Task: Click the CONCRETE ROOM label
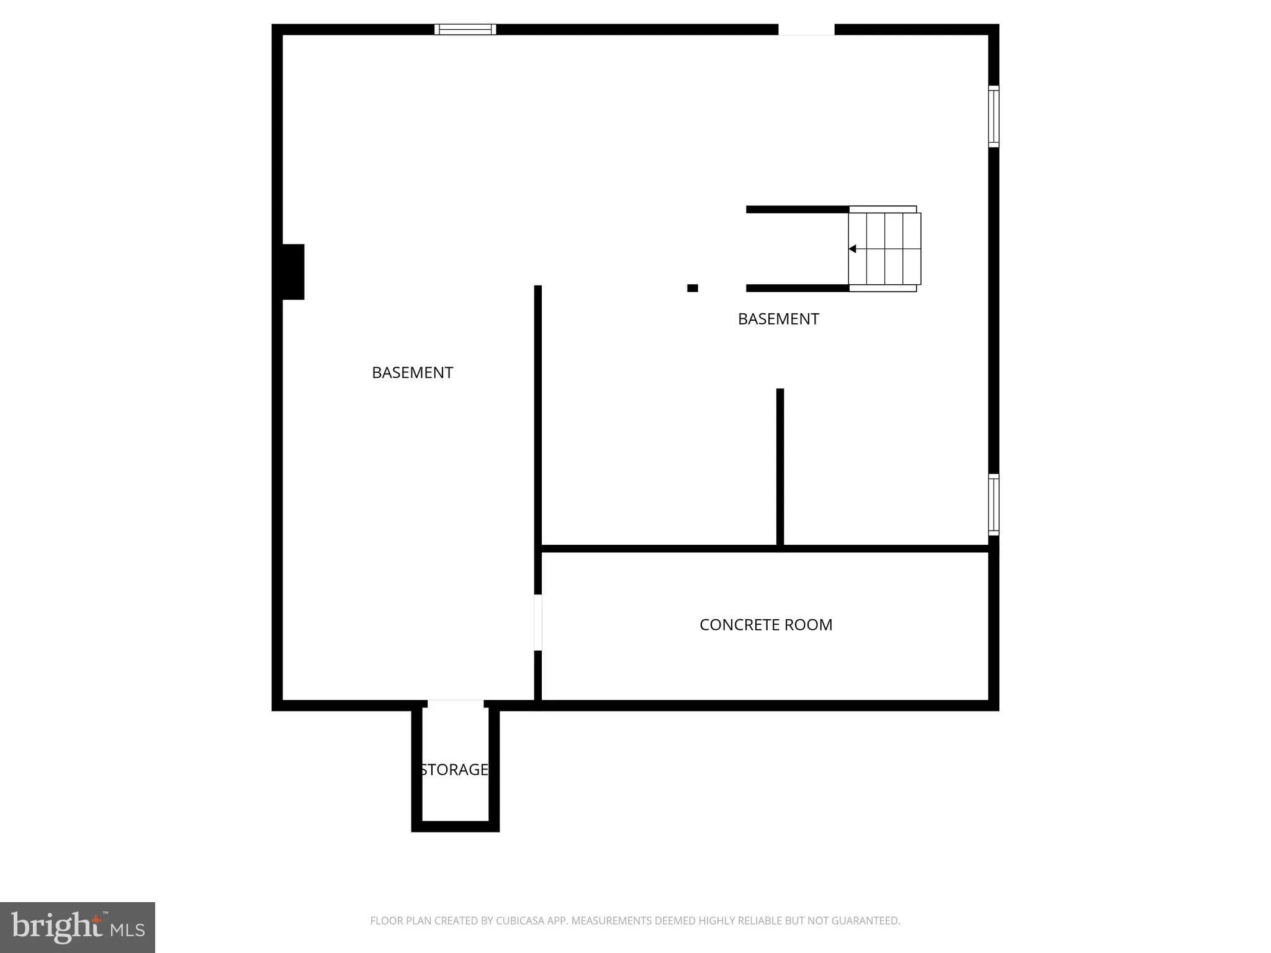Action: pos(766,625)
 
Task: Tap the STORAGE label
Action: pos(454,769)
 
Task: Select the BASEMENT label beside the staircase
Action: pos(778,319)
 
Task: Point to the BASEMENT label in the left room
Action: pos(412,372)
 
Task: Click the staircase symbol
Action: pos(884,249)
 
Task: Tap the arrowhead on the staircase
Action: pos(853,249)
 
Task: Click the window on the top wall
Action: pos(465,29)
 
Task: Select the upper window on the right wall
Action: pos(994,117)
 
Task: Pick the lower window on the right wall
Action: pos(994,504)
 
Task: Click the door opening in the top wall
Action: pos(806,29)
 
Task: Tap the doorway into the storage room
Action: pos(456,704)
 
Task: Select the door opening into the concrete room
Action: pos(538,622)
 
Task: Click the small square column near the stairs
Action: pos(693,288)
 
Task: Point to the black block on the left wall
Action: pos(293,272)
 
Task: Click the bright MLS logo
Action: pos(78,928)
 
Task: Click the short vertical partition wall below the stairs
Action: pos(780,467)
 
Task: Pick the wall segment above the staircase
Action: pos(797,210)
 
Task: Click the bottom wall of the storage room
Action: pos(456,826)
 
